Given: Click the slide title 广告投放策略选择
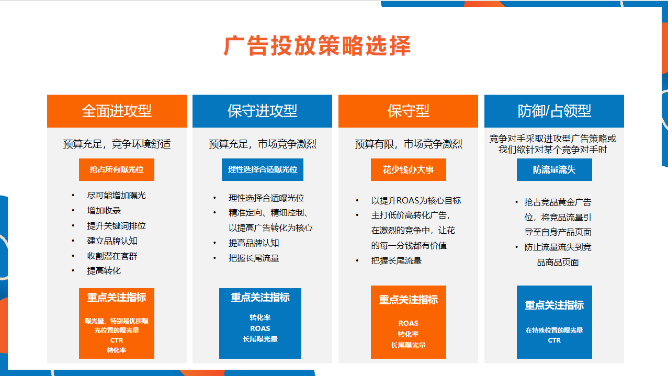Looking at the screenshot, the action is (318, 45).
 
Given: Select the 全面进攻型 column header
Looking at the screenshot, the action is (117, 111).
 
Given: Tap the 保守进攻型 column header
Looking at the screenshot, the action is (262, 111).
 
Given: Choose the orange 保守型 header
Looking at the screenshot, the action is (408, 111).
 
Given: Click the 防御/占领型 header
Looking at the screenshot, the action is (554, 111).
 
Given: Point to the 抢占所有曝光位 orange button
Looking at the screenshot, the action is (117, 169).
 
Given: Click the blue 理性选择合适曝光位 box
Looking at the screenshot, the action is (263, 169).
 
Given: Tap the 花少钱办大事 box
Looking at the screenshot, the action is (409, 169).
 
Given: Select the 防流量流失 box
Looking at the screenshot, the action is (554, 169).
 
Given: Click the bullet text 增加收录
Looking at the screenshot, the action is (104, 211).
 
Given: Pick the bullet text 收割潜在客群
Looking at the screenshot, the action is (112, 256).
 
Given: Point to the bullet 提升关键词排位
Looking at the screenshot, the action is (116, 226).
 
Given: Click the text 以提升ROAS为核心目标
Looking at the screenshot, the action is (416, 201).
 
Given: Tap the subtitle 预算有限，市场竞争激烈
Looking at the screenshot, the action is (408, 144).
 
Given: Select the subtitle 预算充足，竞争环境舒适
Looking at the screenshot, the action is (117, 144).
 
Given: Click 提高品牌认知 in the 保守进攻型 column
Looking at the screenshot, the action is (254, 243).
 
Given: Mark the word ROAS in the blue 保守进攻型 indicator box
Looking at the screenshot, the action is (260, 328).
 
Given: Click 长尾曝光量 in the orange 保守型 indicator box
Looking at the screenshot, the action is (408, 345).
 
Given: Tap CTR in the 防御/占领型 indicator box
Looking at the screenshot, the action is (554, 340).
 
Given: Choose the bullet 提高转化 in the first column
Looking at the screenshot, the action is (104, 271).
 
